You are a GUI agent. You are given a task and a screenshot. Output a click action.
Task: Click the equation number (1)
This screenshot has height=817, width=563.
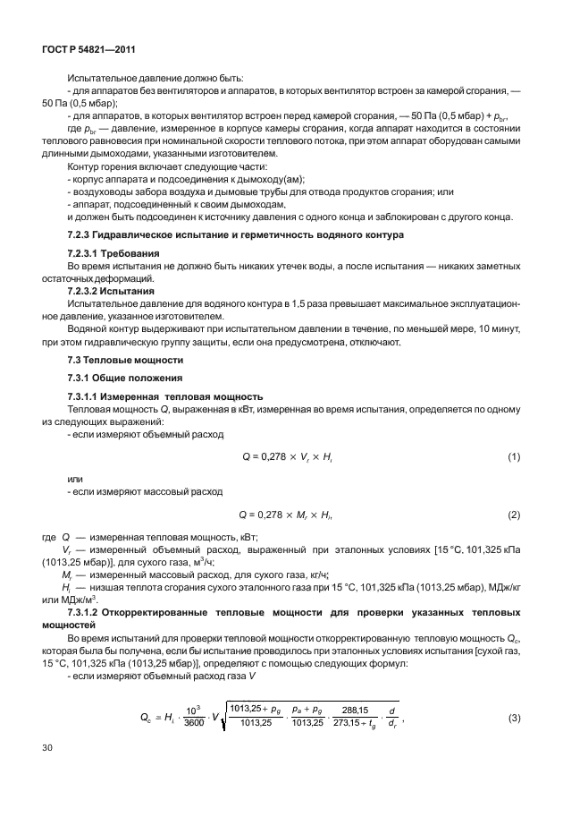tap(513, 457)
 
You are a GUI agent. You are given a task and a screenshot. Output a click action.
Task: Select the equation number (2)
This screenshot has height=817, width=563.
tap(513, 515)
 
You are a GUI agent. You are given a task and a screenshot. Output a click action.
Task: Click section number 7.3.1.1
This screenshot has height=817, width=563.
tap(88, 396)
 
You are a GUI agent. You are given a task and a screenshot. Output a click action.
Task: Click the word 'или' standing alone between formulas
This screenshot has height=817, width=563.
tap(75, 479)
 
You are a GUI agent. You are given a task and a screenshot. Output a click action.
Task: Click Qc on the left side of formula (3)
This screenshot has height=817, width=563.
tap(149, 717)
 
